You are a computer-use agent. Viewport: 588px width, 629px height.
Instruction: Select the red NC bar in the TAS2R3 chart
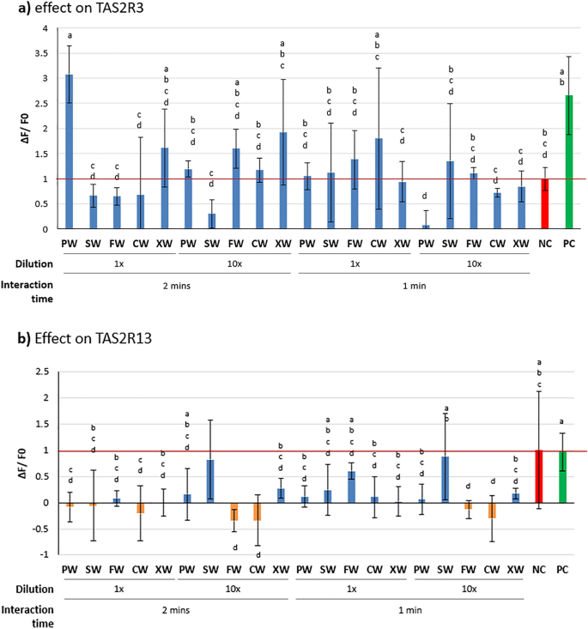point(542,204)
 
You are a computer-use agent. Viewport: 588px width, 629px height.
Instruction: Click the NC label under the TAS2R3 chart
point(542,242)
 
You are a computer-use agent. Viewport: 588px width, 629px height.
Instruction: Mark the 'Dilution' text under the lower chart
point(27,590)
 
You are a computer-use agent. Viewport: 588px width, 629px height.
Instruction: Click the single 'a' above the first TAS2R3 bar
point(70,35)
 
